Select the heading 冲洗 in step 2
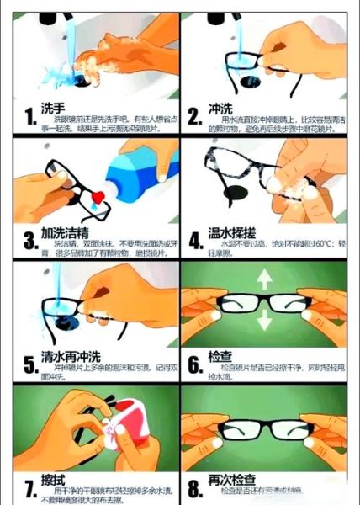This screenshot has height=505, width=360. pyautogui.click(x=220, y=111)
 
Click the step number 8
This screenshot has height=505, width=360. pyautogui.click(x=194, y=487)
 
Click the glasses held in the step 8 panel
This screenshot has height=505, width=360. pyautogui.click(x=267, y=435)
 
